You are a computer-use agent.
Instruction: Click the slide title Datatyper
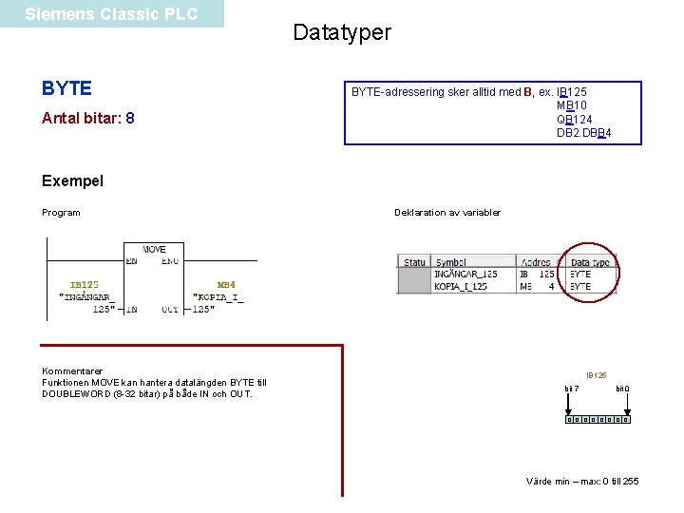[x=342, y=32]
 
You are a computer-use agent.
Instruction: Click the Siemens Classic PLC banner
[x=111, y=14]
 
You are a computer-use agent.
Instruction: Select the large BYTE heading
[x=66, y=88]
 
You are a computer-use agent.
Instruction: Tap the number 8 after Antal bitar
[x=130, y=119]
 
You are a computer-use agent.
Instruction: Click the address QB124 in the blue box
[x=575, y=119]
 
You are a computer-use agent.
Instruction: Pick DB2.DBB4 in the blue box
[x=583, y=132]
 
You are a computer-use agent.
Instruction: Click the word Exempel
[x=73, y=180]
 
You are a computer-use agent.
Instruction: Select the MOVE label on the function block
[x=154, y=249]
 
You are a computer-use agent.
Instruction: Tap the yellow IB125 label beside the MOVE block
[x=85, y=284]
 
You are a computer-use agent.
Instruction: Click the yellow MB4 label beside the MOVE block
[x=226, y=284]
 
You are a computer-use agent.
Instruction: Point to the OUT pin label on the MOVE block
[x=170, y=309]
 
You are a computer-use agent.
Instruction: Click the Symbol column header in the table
[x=451, y=262]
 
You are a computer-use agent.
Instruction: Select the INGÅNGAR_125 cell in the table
[x=465, y=275]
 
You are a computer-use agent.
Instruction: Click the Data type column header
[x=590, y=262]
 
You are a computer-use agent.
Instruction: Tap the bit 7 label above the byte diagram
[x=571, y=389]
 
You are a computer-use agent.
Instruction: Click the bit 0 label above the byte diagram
[x=622, y=389]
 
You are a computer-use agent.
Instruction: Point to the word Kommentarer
[x=72, y=370]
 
